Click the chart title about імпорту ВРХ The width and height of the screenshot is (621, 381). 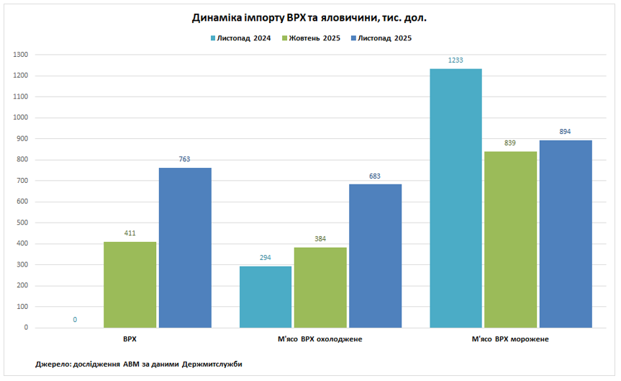click(x=310, y=17)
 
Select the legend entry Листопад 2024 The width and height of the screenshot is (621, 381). click(x=240, y=38)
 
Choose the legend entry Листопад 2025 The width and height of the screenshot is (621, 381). click(x=385, y=38)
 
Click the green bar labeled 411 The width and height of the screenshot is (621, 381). click(x=130, y=284)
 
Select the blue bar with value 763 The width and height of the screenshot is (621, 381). click(x=185, y=248)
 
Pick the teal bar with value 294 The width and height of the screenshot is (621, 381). click(x=266, y=297)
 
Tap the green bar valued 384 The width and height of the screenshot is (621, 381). click(x=320, y=287)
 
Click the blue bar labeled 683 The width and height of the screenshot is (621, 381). click(x=375, y=256)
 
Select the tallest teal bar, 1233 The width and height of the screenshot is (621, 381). click(x=455, y=198)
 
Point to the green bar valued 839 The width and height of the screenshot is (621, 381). click(x=510, y=239)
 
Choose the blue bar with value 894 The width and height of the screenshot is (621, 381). click(x=566, y=233)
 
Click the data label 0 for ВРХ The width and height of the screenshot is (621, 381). click(x=75, y=319)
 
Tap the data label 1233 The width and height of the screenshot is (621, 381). click(x=455, y=60)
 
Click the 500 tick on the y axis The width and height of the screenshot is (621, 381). click(x=22, y=223)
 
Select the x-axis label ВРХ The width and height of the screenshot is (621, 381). click(x=130, y=339)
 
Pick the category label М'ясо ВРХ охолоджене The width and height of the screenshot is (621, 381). click(x=320, y=339)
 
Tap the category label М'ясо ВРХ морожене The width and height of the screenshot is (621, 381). click(x=510, y=339)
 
